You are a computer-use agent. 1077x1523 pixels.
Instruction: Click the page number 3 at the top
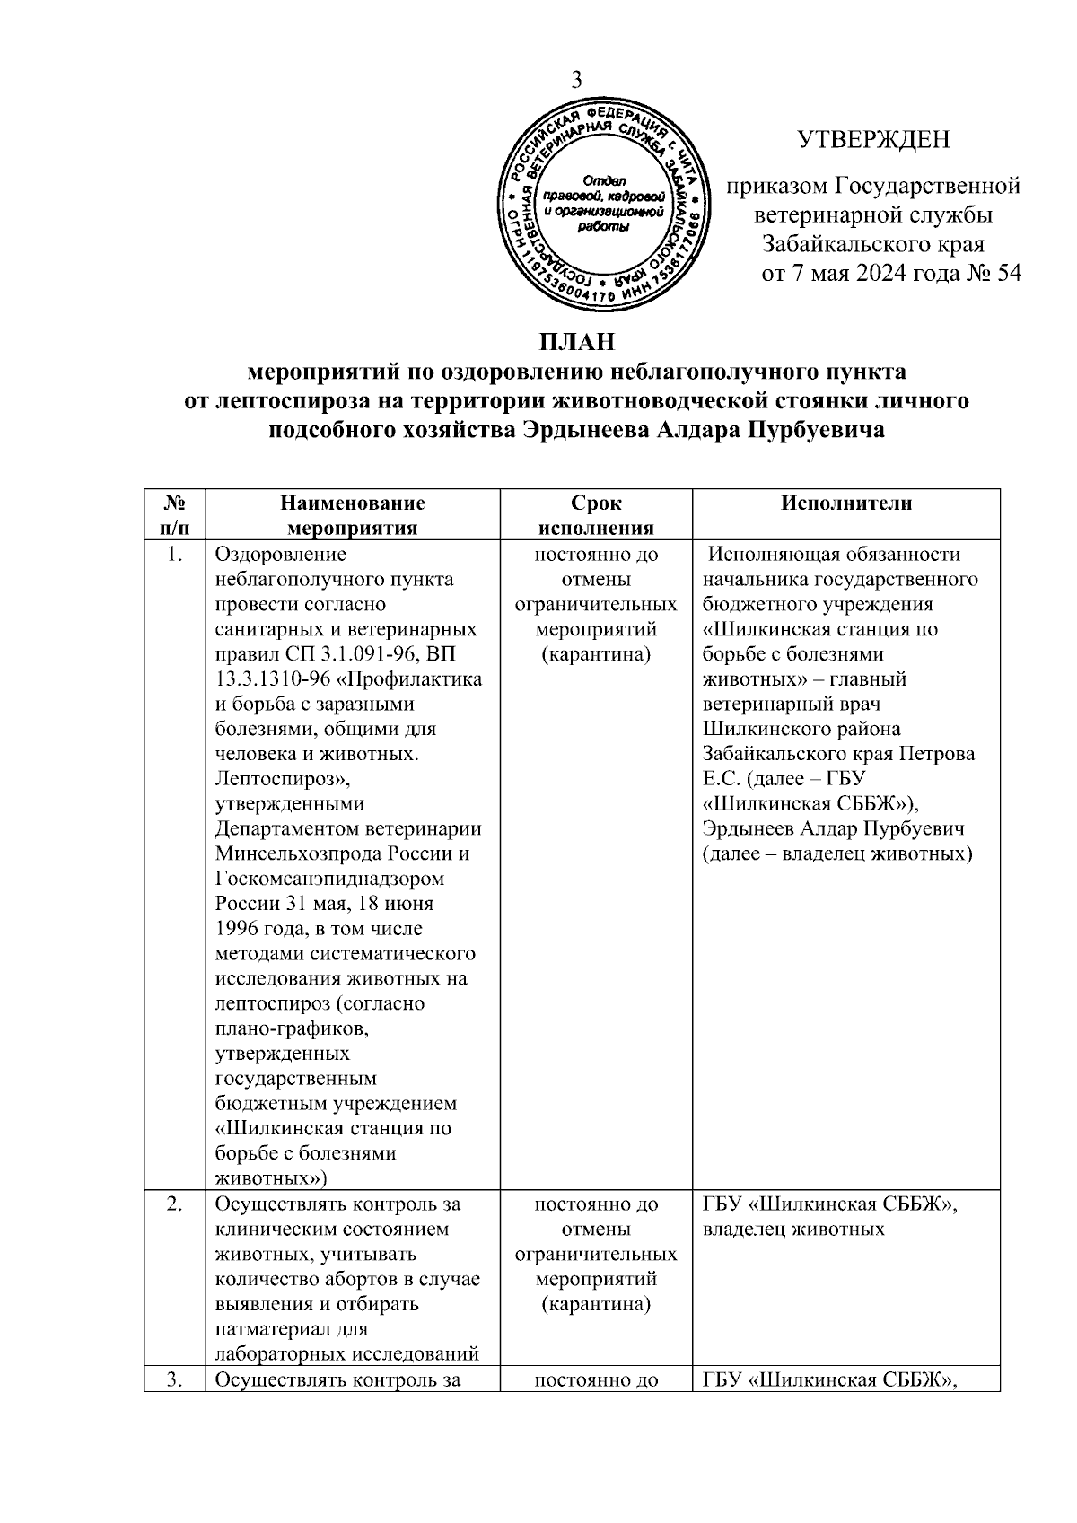(577, 80)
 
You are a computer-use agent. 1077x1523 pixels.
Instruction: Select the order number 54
(1009, 274)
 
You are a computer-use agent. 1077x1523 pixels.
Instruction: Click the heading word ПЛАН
(577, 344)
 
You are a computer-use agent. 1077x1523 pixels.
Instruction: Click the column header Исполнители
(845, 503)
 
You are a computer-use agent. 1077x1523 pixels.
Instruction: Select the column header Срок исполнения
(595, 515)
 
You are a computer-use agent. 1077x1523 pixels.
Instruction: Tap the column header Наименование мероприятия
(352, 515)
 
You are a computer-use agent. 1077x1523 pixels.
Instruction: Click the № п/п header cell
(173, 515)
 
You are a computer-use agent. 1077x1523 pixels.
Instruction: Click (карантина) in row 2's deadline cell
(595, 1304)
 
